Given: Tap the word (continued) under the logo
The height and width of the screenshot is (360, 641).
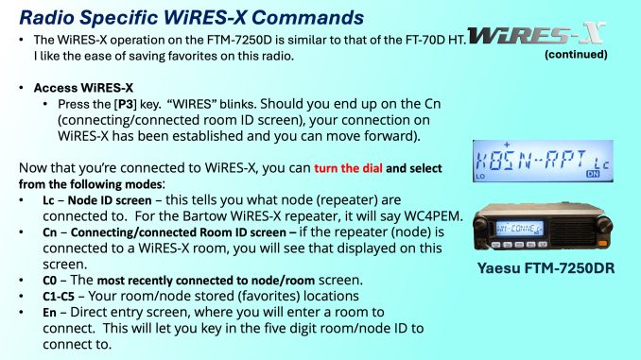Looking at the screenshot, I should [x=576, y=55].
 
